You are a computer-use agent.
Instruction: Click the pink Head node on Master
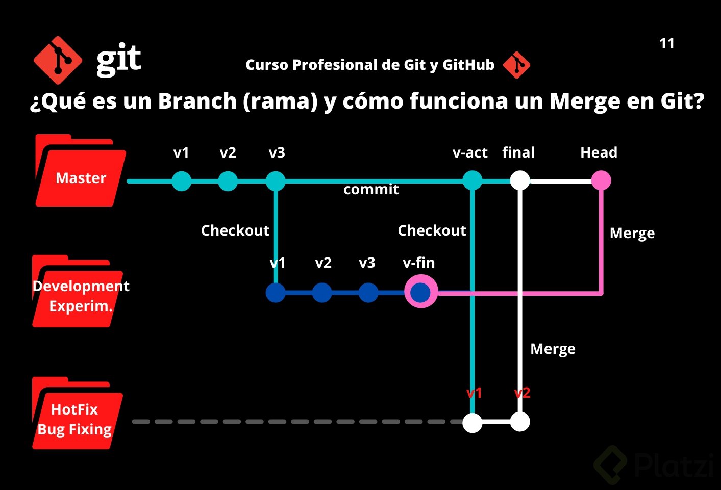click(x=601, y=180)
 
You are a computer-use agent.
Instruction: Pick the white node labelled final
click(x=520, y=180)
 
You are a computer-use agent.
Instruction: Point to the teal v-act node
click(x=473, y=180)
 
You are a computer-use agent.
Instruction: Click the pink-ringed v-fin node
click(x=421, y=292)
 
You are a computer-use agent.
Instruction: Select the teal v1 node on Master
click(x=181, y=181)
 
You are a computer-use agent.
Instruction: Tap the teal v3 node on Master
click(x=276, y=181)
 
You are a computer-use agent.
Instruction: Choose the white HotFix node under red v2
click(x=520, y=422)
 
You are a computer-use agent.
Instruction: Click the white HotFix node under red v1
click(x=473, y=422)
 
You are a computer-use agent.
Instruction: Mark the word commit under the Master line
click(x=371, y=190)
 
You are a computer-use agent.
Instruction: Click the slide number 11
click(x=667, y=44)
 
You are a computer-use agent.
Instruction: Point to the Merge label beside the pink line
click(x=632, y=234)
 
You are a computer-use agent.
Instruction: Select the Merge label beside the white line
click(x=553, y=349)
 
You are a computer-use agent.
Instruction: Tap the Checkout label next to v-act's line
click(x=432, y=230)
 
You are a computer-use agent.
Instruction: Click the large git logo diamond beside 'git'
click(x=57, y=60)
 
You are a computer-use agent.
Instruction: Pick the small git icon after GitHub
click(x=516, y=65)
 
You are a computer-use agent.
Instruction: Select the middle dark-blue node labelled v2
click(x=322, y=293)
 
